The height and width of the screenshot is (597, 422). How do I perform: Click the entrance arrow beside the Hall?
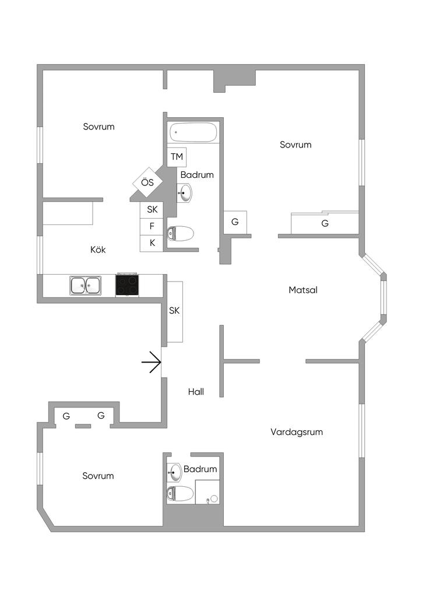coord(152,363)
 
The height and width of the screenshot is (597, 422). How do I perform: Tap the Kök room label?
coord(98,250)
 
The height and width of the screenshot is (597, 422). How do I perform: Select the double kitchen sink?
coord(85,286)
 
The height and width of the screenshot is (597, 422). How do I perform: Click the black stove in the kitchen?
coord(127,285)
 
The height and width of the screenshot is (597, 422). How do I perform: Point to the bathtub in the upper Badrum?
coord(194,133)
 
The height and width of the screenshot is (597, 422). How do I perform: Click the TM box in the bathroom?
coord(177,157)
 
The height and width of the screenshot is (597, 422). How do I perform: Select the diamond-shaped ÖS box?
coord(147,182)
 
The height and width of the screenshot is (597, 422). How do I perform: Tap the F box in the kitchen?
coord(152,226)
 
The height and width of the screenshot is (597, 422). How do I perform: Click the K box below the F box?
coord(152,243)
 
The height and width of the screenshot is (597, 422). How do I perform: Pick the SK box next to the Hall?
coord(174,311)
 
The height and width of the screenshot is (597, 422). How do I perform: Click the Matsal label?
coord(303,290)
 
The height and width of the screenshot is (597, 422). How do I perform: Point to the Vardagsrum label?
coord(297,432)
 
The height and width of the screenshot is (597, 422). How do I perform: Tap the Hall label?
coord(196,392)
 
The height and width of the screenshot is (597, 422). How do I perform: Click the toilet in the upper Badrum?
coord(180,234)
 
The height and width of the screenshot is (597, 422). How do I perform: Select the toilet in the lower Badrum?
coord(180,493)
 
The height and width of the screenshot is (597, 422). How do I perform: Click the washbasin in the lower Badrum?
coord(175,471)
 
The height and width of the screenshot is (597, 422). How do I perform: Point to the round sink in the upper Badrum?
coord(185,192)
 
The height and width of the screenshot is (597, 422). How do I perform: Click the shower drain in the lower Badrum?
coord(213,498)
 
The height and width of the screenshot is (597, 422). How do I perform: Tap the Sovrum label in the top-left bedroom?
coord(99,126)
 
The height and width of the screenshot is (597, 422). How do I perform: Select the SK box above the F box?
coord(152,209)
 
